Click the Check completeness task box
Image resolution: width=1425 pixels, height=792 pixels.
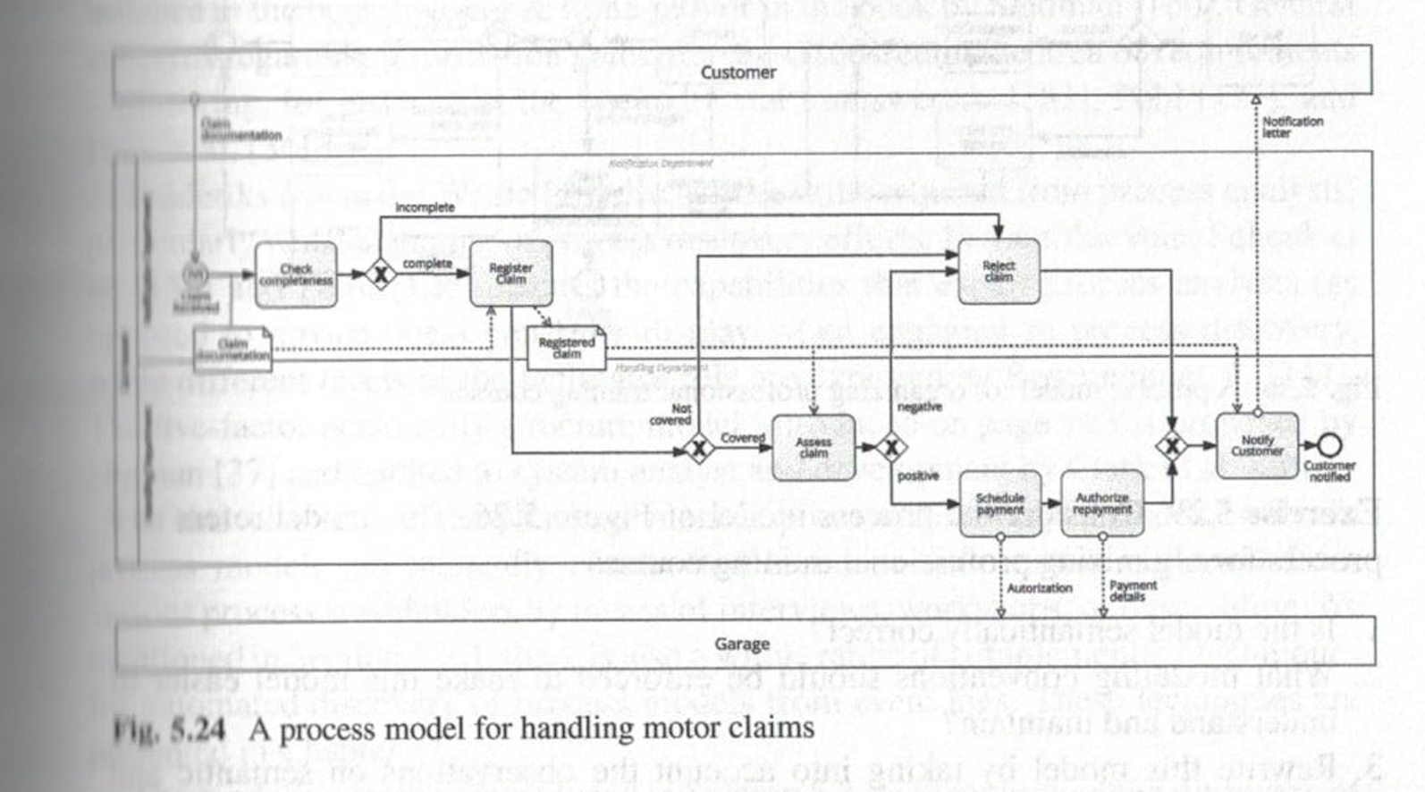pyautogui.click(x=296, y=274)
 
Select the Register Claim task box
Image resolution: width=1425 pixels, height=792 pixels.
pyautogui.click(x=510, y=274)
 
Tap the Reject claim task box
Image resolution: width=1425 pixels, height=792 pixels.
pyautogui.click(x=999, y=272)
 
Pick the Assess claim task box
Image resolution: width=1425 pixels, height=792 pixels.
pyautogui.click(x=813, y=447)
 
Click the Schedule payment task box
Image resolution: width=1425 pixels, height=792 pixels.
pyautogui.click(x=999, y=503)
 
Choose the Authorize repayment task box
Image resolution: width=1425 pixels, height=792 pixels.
pyautogui.click(x=1102, y=503)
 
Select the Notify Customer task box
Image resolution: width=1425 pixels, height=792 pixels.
pyautogui.click(x=1257, y=445)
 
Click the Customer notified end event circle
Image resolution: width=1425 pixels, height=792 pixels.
pyautogui.click(x=1329, y=444)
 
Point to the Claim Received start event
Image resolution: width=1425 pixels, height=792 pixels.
pyautogui.click(x=195, y=274)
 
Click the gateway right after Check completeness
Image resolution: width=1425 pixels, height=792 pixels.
pyautogui.click(x=380, y=274)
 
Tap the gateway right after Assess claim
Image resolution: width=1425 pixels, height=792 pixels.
pyautogui.click(x=890, y=447)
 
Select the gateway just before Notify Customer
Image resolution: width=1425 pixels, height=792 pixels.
pyautogui.click(x=1171, y=445)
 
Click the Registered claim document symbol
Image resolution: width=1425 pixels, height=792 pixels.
pyautogui.click(x=566, y=349)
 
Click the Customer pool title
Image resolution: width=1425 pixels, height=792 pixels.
pyautogui.click(x=738, y=72)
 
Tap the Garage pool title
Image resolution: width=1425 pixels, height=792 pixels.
pyautogui.click(x=742, y=644)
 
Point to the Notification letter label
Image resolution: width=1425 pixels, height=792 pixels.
pyautogui.click(x=1292, y=126)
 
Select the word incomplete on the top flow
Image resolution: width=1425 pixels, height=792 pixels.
pyautogui.click(x=425, y=206)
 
